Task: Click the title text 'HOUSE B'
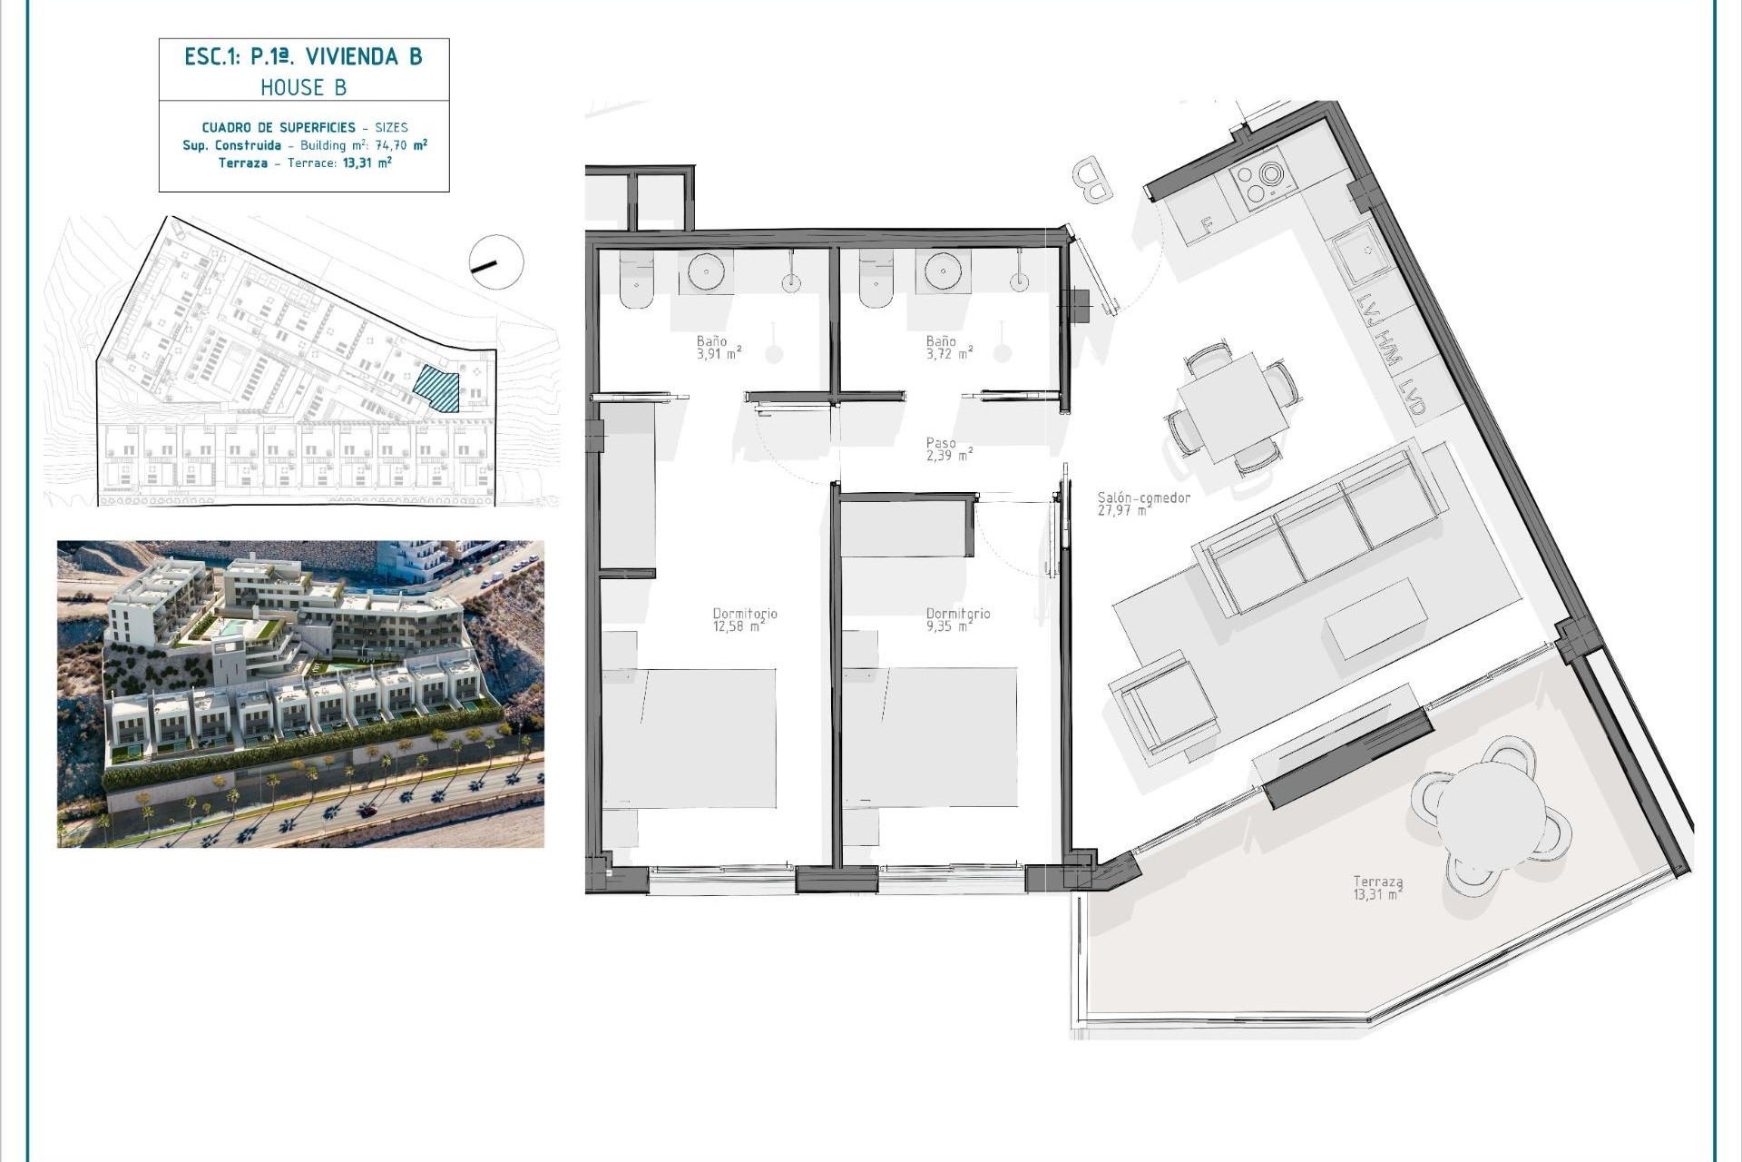tap(303, 87)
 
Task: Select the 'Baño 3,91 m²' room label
tap(719, 348)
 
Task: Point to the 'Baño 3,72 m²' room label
tap(949, 348)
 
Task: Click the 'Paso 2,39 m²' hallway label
tap(949, 449)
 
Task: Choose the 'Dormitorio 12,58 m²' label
tap(744, 620)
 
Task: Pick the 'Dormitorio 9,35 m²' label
tap(958, 620)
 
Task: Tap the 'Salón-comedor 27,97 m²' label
tap(1143, 504)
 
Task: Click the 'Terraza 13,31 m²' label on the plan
tap(1377, 887)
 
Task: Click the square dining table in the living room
tap(1233, 408)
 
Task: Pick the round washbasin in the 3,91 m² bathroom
tap(706, 271)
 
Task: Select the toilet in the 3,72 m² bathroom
tap(876, 279)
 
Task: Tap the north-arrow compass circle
tap(496, 262)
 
